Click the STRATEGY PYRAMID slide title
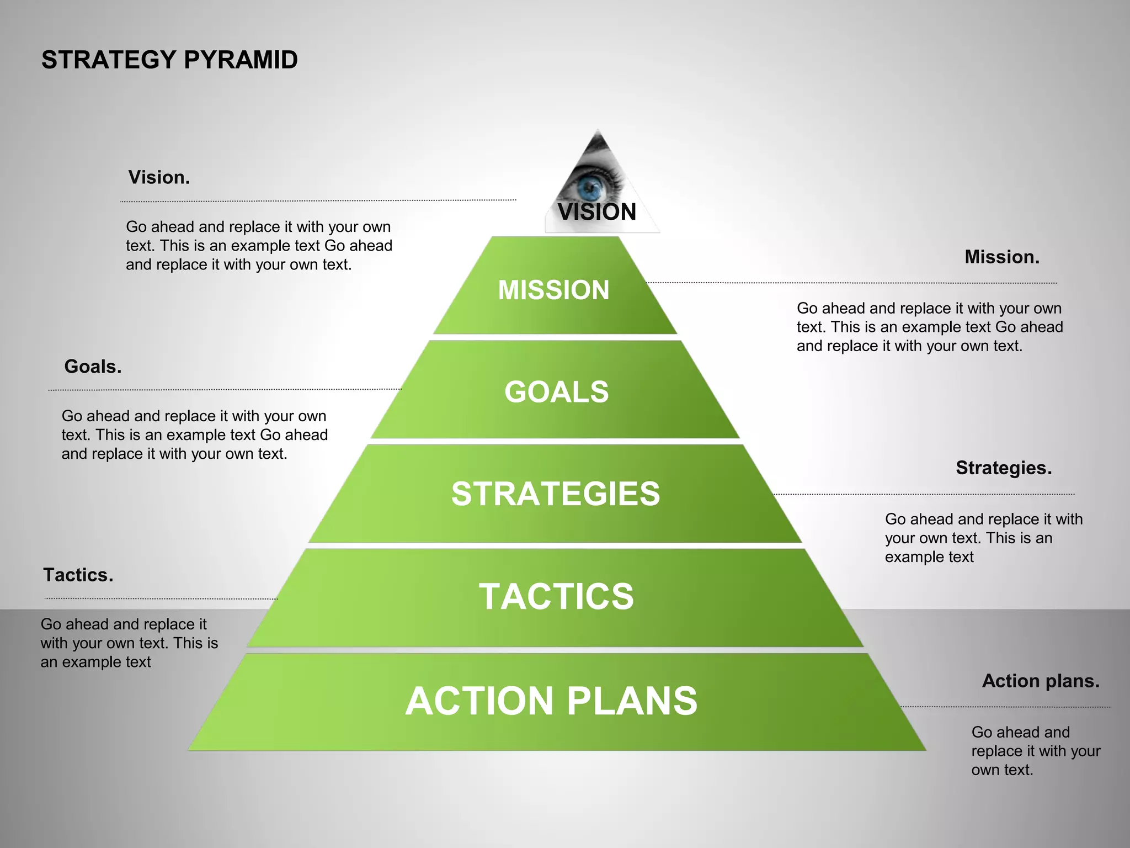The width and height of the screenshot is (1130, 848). coord(169,60)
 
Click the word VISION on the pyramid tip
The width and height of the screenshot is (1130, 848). coord(597,212)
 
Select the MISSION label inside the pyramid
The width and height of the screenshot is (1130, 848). coord(553,290)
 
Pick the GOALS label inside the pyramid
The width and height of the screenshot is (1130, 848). coord(556,391)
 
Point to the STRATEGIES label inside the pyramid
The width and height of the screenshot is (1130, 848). coord(556,493)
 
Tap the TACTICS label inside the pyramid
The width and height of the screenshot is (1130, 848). coord(556,596)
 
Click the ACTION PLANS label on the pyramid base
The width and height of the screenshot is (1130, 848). coord(551,701)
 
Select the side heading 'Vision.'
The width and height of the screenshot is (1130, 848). coord(159,177)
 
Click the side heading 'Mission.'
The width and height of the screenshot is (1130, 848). coord(1002,257)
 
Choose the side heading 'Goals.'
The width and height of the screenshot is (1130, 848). coord(93,366)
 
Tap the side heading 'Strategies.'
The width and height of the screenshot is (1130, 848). coord(1004,468)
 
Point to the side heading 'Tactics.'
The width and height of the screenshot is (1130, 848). coord(78,575)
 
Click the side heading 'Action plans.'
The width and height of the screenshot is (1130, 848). coord(1041,681)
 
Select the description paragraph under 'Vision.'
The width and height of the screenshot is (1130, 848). coord(259,246)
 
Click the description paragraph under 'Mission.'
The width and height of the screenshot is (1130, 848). coord(930,327)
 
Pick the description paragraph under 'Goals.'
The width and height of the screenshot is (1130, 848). coord(194,434)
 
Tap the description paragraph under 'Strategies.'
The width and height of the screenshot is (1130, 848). coord(983,538)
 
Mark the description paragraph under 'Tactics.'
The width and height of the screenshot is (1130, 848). coord(129,643)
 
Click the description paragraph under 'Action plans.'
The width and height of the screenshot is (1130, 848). coord(1036,751)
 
